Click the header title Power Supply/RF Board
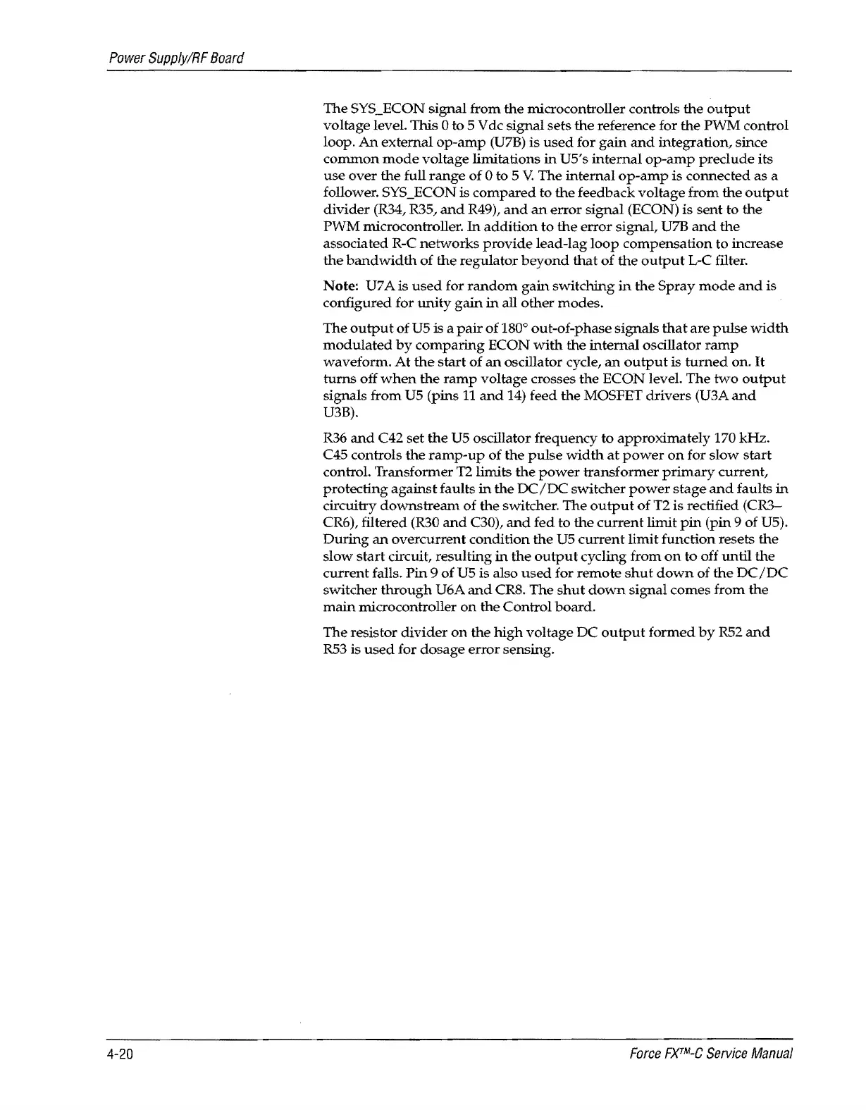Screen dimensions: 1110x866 pyautogui.click(x=173, y=56)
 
